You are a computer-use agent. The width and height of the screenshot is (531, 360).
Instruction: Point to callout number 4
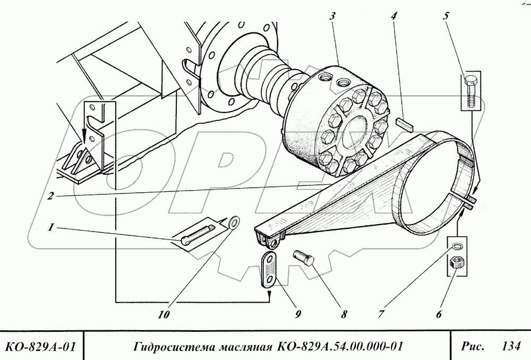tap(393, 16)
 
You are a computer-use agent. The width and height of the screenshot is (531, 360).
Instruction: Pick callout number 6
tap(438, 314)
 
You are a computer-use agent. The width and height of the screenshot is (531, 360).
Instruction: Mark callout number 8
tap(344, 314)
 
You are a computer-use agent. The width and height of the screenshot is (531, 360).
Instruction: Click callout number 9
tap(299, 314)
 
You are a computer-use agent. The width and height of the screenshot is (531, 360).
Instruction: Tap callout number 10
tap(165, 314)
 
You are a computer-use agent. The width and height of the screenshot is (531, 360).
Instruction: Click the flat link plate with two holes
tap(271, 269)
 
